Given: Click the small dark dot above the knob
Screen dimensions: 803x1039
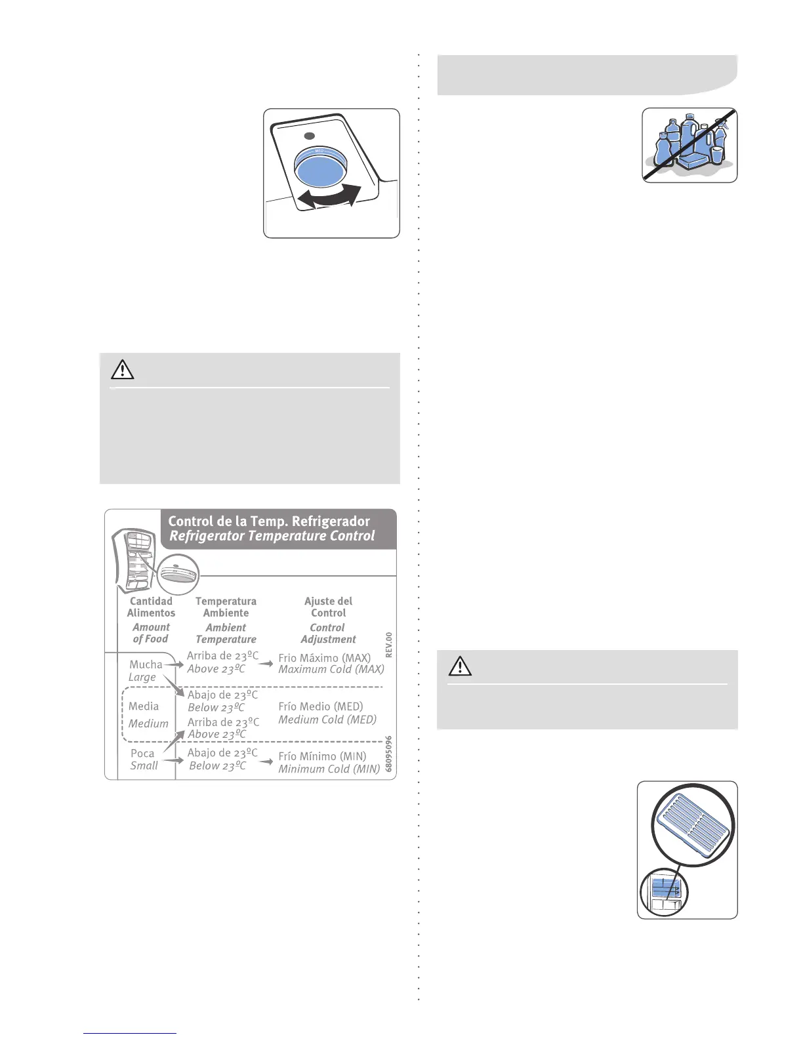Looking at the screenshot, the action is (x=310, y=136).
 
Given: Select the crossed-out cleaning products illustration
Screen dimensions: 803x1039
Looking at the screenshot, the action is (x=689, y=145).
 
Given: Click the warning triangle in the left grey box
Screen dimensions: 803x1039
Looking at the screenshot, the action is (x=123, y=370).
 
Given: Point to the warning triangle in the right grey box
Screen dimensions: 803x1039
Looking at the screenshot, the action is (x=460, y=666).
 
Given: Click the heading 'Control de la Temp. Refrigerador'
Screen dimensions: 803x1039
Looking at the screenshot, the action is (x=269, y=521).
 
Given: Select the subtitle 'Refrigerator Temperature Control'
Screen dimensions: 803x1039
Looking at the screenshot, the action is (x=272, y=536).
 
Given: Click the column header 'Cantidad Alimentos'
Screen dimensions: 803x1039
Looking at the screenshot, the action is (x=151, y=607).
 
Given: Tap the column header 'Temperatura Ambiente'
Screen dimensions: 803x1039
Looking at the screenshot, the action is (x=226, y=607).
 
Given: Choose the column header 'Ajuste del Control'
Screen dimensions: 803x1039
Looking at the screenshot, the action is (x=328, y=607).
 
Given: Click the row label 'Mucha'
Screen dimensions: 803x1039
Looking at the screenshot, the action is (x=146, y=664).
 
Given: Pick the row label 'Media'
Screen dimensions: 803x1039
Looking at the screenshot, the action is (x=144, y=706).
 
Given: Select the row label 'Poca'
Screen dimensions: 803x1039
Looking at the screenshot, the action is (x=142, y=754).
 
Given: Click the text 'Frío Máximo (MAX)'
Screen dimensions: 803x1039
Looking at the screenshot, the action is (x=324, y=657).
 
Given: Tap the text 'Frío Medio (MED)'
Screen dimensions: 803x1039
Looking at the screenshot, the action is (x=320, y=706).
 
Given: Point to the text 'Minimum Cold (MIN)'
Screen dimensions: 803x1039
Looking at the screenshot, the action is (x=329, y=769).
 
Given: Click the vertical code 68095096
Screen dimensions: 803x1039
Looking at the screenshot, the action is (x=389, y=754).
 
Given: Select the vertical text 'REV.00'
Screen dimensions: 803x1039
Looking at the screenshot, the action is (x=389, y=645).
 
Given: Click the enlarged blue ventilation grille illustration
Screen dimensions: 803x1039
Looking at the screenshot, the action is (x=693, y=824).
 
